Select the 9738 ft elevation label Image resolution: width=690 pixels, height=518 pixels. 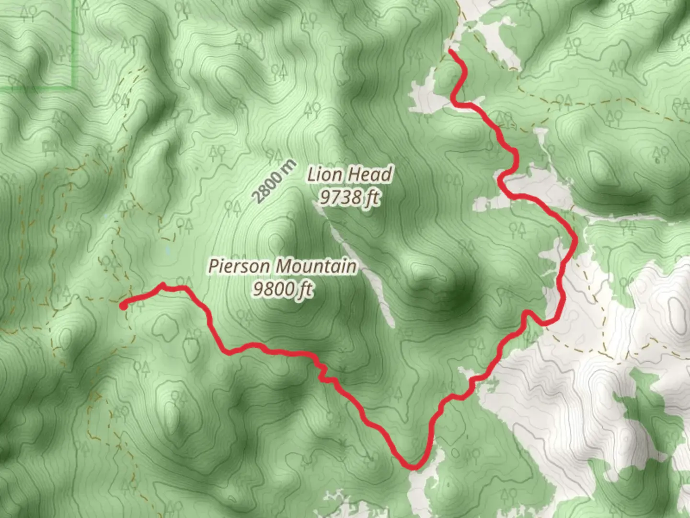[x=350, y=197]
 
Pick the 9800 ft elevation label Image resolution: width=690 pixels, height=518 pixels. [x=283, y=289]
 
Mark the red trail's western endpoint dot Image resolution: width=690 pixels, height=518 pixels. [x=123, y=306]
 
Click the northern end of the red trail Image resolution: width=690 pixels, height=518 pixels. [x=451, y=50]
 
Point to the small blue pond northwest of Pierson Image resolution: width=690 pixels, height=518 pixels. [x=167, y=250]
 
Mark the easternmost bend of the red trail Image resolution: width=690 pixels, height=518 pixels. [x=575, y=240]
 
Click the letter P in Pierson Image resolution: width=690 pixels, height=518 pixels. [x=213, y=266]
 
